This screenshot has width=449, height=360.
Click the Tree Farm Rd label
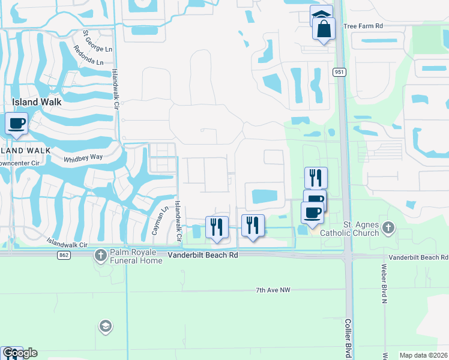363,26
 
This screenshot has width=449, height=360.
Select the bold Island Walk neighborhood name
37,102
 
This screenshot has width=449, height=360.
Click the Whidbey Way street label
83,157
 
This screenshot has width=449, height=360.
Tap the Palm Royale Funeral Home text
136,256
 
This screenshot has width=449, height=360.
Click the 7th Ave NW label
273,290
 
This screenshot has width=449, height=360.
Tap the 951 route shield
340,72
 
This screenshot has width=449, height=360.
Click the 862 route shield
64,255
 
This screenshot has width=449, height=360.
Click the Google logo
19,353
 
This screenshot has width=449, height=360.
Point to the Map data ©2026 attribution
423,355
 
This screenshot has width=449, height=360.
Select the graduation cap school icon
105,326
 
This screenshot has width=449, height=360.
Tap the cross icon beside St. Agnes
389,227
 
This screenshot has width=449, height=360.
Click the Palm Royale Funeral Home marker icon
100,256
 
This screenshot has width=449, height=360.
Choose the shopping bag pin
324,29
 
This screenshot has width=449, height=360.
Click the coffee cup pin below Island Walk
16,124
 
